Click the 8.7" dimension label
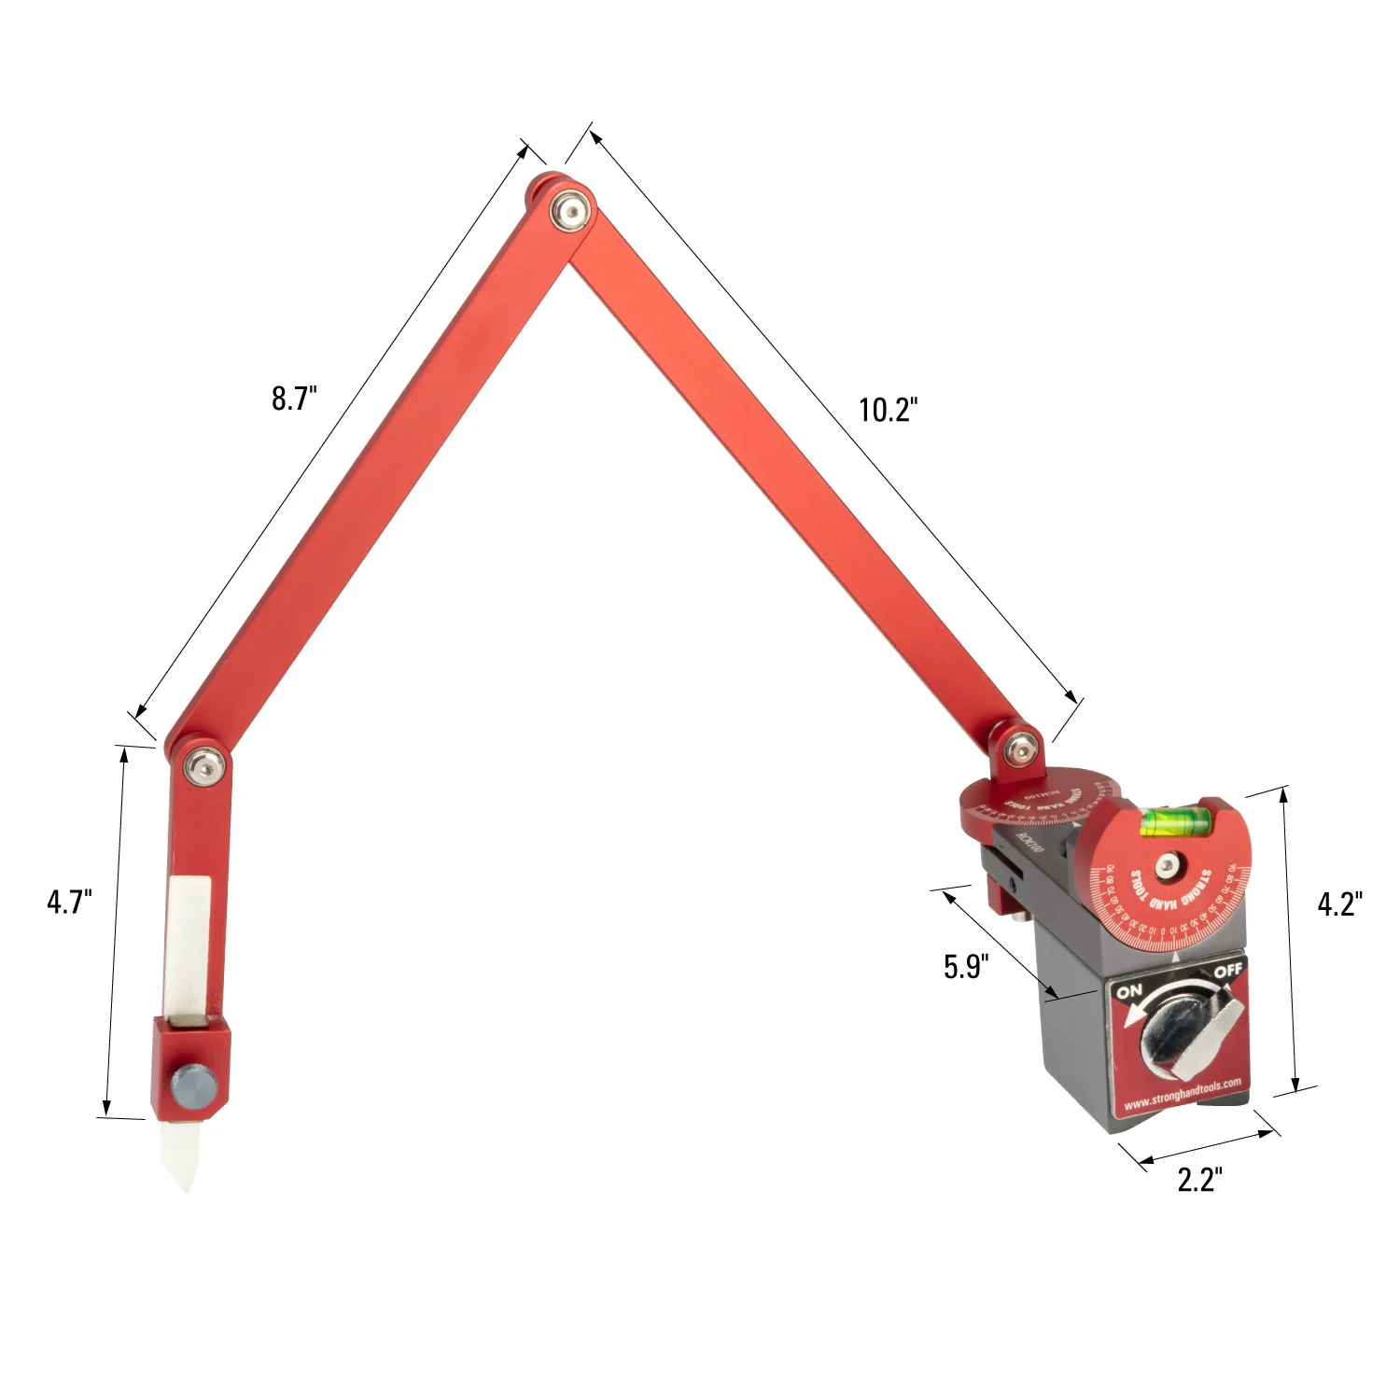(x=294, y=399)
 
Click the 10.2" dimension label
(x=888, y=410)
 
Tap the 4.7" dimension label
(x=69, y=903)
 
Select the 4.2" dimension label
(x=1339, y=903)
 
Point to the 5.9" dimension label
(x=965, y=967)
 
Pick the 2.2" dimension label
(x=1199, y=1180)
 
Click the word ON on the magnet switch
(x=1129, y=991)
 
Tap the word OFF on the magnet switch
(x=1227, y=971)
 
